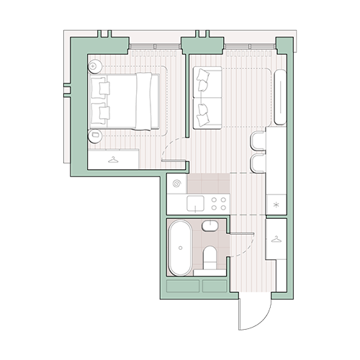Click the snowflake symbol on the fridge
(276, 204)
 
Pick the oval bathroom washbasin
(210, 227)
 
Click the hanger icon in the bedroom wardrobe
(112, 159)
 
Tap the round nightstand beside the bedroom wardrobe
(94, 134)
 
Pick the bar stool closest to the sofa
(258, 139)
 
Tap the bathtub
(179, 248)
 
